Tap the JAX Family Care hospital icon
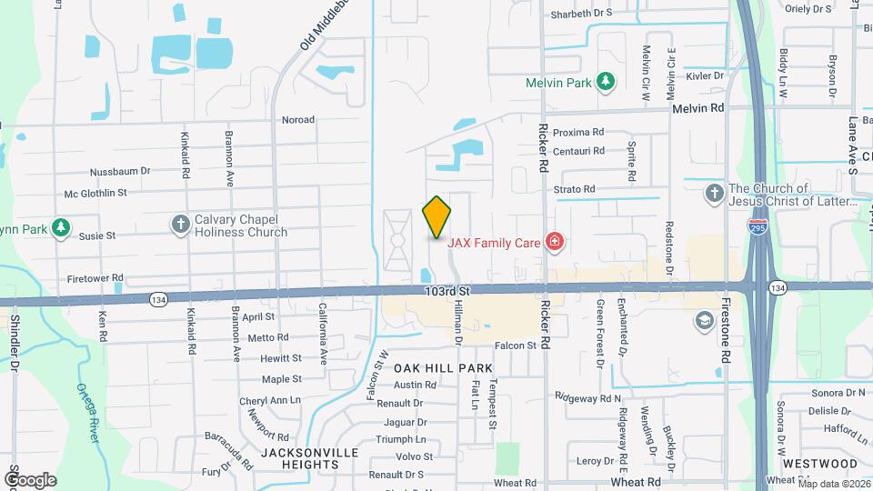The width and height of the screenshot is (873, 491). coord(554,242)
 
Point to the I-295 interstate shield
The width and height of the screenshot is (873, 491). coord(757,224)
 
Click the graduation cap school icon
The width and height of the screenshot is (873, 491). coord(703,320)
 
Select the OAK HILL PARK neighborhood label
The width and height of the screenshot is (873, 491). coord(443,368)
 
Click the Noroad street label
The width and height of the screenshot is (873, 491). coord(298,119)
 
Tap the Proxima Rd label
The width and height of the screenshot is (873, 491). coord(579,132)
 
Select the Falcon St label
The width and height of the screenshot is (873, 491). coord(515,346)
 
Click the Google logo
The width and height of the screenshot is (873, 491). coord(30,479)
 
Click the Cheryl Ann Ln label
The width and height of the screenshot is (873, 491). coord(269,400)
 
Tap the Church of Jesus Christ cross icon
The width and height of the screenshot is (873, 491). coord(715,194)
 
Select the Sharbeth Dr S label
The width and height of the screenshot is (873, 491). coord(582,15)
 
